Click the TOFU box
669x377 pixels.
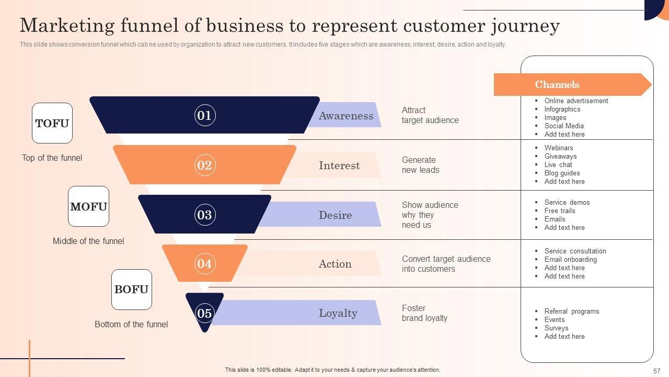point(52,123)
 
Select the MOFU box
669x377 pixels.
point(88,206)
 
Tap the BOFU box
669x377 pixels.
point(131,290)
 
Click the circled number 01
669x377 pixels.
point(204,115)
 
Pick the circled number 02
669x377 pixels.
point(204,165)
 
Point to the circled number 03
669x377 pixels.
point(204,215)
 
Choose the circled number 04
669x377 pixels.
point(204,263)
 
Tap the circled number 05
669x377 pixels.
point(204,313)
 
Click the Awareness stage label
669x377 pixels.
point(346,116)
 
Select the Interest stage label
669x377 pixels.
point(339,165)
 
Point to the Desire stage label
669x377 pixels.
point(335,215)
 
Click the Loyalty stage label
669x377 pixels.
point(338,313)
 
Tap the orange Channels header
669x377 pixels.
point(557,84)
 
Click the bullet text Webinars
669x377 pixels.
point(559,148)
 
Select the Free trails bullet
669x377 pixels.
point(560,210)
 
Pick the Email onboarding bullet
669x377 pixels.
point(570,259)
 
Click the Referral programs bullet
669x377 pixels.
point(572,311)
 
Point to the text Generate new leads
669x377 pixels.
point(421,165)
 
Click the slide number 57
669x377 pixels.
point(657,371)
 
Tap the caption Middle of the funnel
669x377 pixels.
point(88,241)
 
